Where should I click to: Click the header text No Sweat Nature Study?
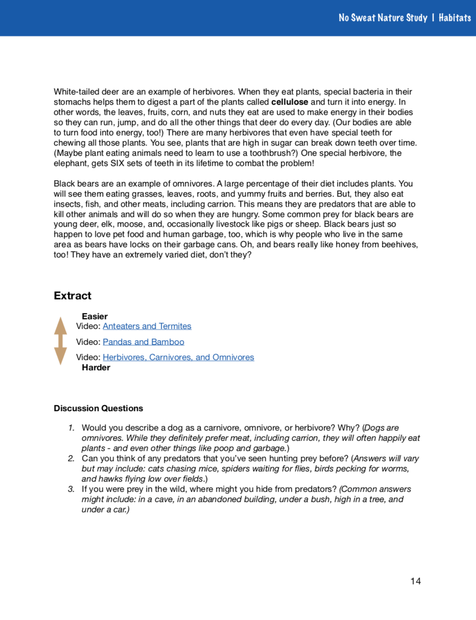tap(383, 18)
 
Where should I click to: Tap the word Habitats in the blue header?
tap(455, 18)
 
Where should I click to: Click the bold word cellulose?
tap(290, 102)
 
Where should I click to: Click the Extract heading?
tap(73, 296)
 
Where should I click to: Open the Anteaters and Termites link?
tap(147, 326)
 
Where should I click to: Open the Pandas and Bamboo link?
tap(144, 342)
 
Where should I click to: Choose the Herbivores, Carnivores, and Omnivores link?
tap(178, 357)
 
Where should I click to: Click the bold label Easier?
tap(94, 316)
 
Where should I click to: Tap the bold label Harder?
tap(96, 368)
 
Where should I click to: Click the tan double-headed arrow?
tap(61, 341)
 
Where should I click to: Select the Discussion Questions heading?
tap(98, 408)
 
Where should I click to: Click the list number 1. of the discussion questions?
tap(72, 427)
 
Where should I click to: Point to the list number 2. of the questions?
tap(72, 458)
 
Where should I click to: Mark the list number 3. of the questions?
tap(72, 489)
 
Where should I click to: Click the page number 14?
tap(416, 581)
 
